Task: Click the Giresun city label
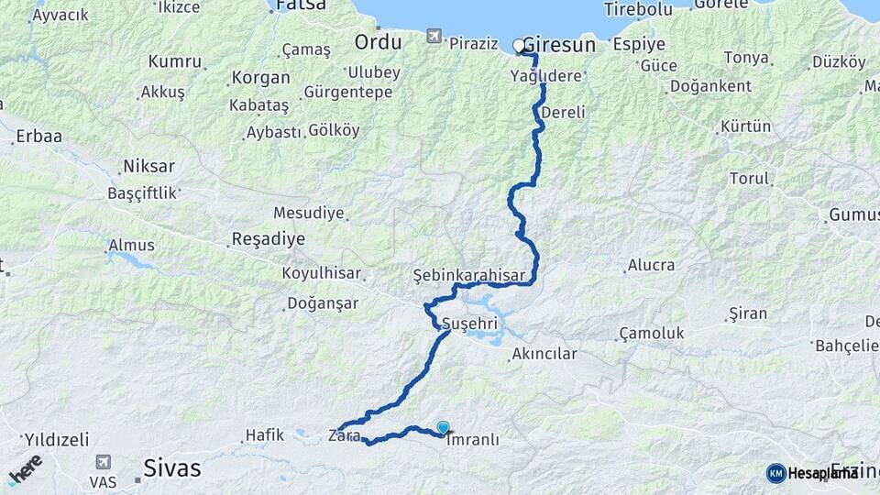559,45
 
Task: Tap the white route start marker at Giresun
519,45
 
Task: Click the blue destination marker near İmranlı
444,427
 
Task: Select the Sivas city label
172,468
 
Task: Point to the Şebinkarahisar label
468,275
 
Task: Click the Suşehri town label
469,324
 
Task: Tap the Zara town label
341,435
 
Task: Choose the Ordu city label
378,42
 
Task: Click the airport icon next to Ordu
434,38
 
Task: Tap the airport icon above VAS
103,463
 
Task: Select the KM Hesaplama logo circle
775,472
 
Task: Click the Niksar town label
148,167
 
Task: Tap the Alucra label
650,266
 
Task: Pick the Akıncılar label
544,354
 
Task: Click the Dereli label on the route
563,112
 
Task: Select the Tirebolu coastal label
638,9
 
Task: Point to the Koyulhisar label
321,273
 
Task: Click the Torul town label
749,178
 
